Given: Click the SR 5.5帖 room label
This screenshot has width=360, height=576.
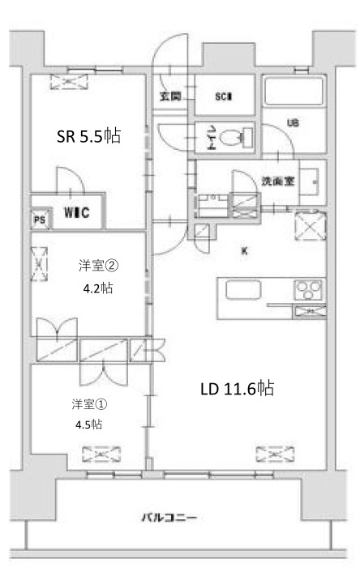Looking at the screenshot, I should click(x=88, y=137).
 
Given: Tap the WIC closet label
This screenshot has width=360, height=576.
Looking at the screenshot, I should click(x=77, y=214).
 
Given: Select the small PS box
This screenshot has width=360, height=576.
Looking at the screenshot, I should click(x=38, y=219).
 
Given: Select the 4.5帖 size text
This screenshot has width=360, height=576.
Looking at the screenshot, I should click(x=84, y=423).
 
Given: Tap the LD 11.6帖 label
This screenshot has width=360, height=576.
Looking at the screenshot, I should click(x=237, y=389).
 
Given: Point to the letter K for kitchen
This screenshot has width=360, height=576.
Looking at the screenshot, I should click(x=244, y=251).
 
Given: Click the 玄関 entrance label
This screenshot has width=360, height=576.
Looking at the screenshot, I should click(x=170, y=97).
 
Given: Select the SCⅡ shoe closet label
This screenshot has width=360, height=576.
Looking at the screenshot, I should click(x=224, y=97).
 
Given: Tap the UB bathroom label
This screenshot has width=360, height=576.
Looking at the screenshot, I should click(x=293, y=123).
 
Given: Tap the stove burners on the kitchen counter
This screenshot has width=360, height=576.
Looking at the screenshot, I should click(x=308, y=288).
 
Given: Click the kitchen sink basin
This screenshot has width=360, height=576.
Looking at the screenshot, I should click(x=242, y=289).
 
